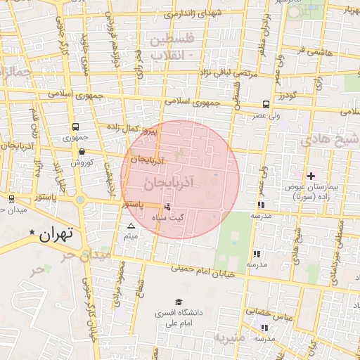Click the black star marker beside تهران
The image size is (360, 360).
tap(32, 231)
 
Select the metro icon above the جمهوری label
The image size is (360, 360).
tap(75, 127)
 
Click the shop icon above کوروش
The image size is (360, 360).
tap(82, 150)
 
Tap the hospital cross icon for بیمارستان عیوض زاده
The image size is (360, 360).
tap(311, 175)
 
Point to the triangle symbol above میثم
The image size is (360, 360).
tap(131, 226)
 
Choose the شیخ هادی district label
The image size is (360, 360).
tap(330, 140)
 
